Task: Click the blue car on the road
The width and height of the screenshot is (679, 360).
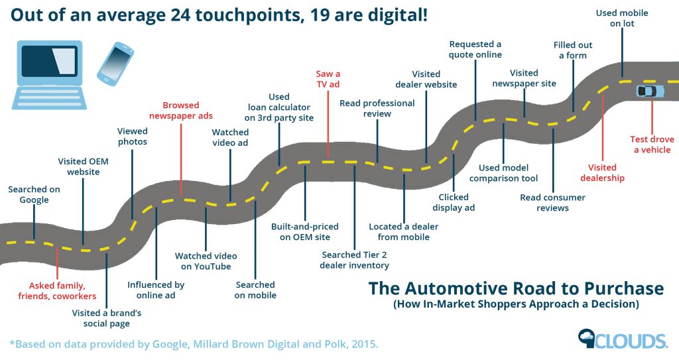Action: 646,91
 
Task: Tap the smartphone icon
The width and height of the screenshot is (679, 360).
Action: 115,63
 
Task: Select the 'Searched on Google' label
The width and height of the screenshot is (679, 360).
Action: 34,194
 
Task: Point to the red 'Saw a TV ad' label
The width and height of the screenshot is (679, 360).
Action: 328,80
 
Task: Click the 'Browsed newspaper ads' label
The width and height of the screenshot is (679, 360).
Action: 181,110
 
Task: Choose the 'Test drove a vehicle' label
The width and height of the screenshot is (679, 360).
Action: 652,145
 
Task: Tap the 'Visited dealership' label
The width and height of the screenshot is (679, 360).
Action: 602,172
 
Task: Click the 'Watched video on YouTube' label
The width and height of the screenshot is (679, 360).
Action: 206,261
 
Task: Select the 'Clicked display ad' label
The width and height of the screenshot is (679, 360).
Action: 454,202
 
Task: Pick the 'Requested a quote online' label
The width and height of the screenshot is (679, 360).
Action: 475,49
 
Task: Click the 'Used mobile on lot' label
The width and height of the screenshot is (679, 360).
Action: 622,18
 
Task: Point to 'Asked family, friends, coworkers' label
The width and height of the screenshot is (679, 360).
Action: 57,291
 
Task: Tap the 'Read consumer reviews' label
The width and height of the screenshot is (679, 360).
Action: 553,203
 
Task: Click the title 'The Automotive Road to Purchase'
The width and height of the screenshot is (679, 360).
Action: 516,289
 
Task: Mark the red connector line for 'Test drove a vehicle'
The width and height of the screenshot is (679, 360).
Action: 652,116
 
